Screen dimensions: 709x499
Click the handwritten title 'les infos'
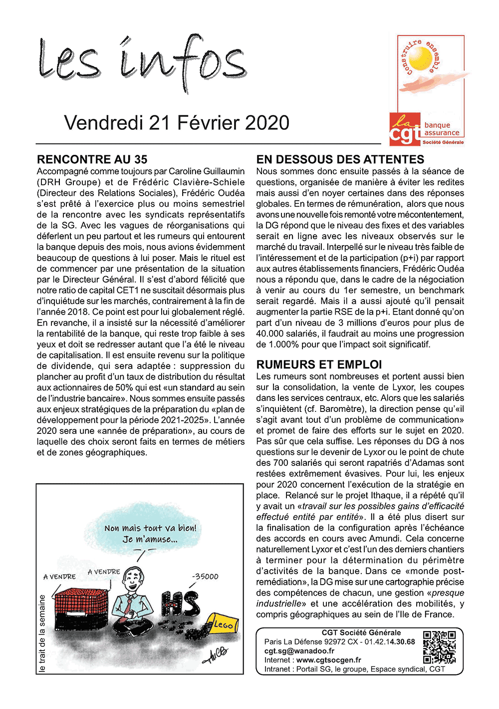142,62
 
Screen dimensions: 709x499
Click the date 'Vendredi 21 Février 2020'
177,123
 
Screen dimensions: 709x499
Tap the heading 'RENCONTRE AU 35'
92,160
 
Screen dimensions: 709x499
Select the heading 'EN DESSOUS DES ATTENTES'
340,160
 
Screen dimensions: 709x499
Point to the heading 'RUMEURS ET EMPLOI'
319,365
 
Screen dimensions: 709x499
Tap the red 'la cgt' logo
405,129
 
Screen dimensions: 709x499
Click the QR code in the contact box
439,647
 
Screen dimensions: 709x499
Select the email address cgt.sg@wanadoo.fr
299,651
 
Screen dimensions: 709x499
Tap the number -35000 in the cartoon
205,576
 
